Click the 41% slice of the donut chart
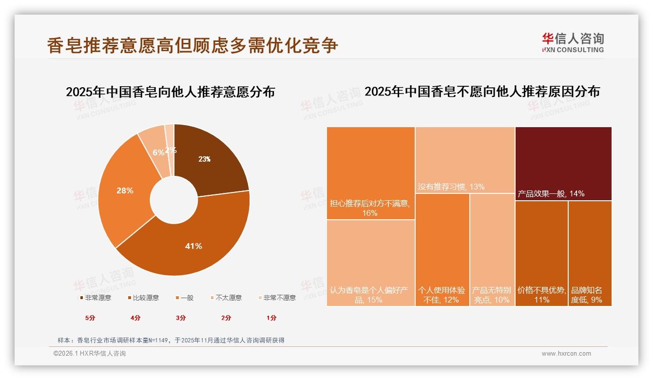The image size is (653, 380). pos(193,246)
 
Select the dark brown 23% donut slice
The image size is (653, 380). pos(210,156)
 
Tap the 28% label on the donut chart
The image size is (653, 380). pos(125,190)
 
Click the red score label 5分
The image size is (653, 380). pos(90,318)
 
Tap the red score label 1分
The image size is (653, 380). pos(271,318)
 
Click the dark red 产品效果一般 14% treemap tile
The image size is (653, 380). pos(563,163)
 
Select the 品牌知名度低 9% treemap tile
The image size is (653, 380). pos(590,253)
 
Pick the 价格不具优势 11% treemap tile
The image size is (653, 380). pos(541,253)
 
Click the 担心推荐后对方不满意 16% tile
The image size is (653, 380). pos(370,173)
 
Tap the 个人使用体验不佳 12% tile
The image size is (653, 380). pos(442,248)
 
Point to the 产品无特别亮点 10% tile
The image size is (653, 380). pos(492,248)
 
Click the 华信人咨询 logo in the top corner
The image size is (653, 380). pos(573,42)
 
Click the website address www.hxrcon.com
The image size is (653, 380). pos(566,354)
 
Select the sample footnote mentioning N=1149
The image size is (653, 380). pos(171,340)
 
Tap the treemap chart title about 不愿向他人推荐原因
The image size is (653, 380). pos(482,92)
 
